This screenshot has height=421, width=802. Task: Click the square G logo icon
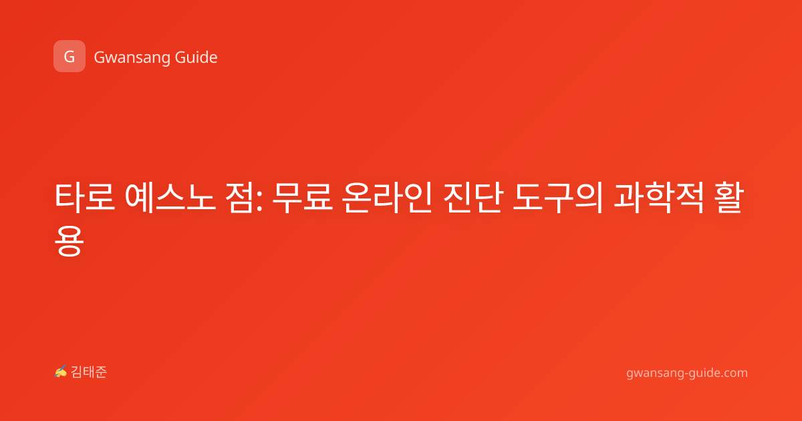pos(70,56)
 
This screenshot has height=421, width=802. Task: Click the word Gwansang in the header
pos(132,58)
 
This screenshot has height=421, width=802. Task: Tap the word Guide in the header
pos(196,57)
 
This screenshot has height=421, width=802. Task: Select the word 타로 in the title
pos(85,197)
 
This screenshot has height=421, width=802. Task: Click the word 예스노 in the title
pos(170,197)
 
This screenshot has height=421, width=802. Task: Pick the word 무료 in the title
pos(303,198)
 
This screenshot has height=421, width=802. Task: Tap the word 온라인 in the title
pos(387,197)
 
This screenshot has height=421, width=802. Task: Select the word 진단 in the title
pos(473,197)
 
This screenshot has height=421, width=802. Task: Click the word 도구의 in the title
pos(558,197)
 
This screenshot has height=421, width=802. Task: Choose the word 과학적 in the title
pos(659,197)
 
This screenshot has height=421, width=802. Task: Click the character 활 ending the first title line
pos(729,197)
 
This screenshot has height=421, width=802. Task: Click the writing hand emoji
pos(61,372)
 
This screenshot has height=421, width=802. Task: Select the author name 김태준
pos(89,372)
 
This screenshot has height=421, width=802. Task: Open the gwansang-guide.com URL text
pos(687,373)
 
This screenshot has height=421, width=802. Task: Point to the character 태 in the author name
pos(89,372)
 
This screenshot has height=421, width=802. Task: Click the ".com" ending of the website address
pos(733,373)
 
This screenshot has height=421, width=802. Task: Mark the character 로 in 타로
pos(100,197)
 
